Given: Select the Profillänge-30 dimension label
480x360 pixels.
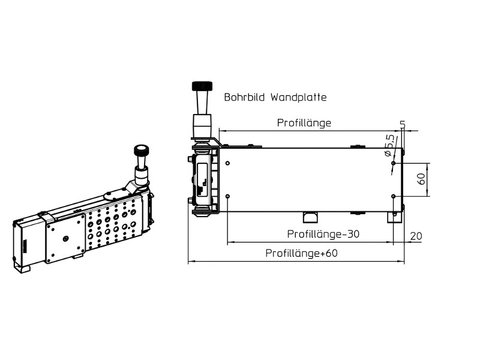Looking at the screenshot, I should tap(323, 234).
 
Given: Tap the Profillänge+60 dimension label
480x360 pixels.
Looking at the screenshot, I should tap(302, 253).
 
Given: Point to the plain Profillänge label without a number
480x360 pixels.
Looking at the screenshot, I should tap(304, 123).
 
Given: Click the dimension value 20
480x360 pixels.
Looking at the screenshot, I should tap(415, 236).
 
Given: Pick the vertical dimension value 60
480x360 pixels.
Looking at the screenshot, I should tap(421, 179).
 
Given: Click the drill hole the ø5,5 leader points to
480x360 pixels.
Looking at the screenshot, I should tap(392, 163).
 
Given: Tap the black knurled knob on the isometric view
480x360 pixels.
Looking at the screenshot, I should tap(142, 150).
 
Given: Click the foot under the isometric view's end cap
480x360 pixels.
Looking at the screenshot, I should tap(22, 268).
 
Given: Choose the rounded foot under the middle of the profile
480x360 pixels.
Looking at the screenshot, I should tap(310, 217).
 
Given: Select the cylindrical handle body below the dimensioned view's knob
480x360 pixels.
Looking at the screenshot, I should tap(200, 126).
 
